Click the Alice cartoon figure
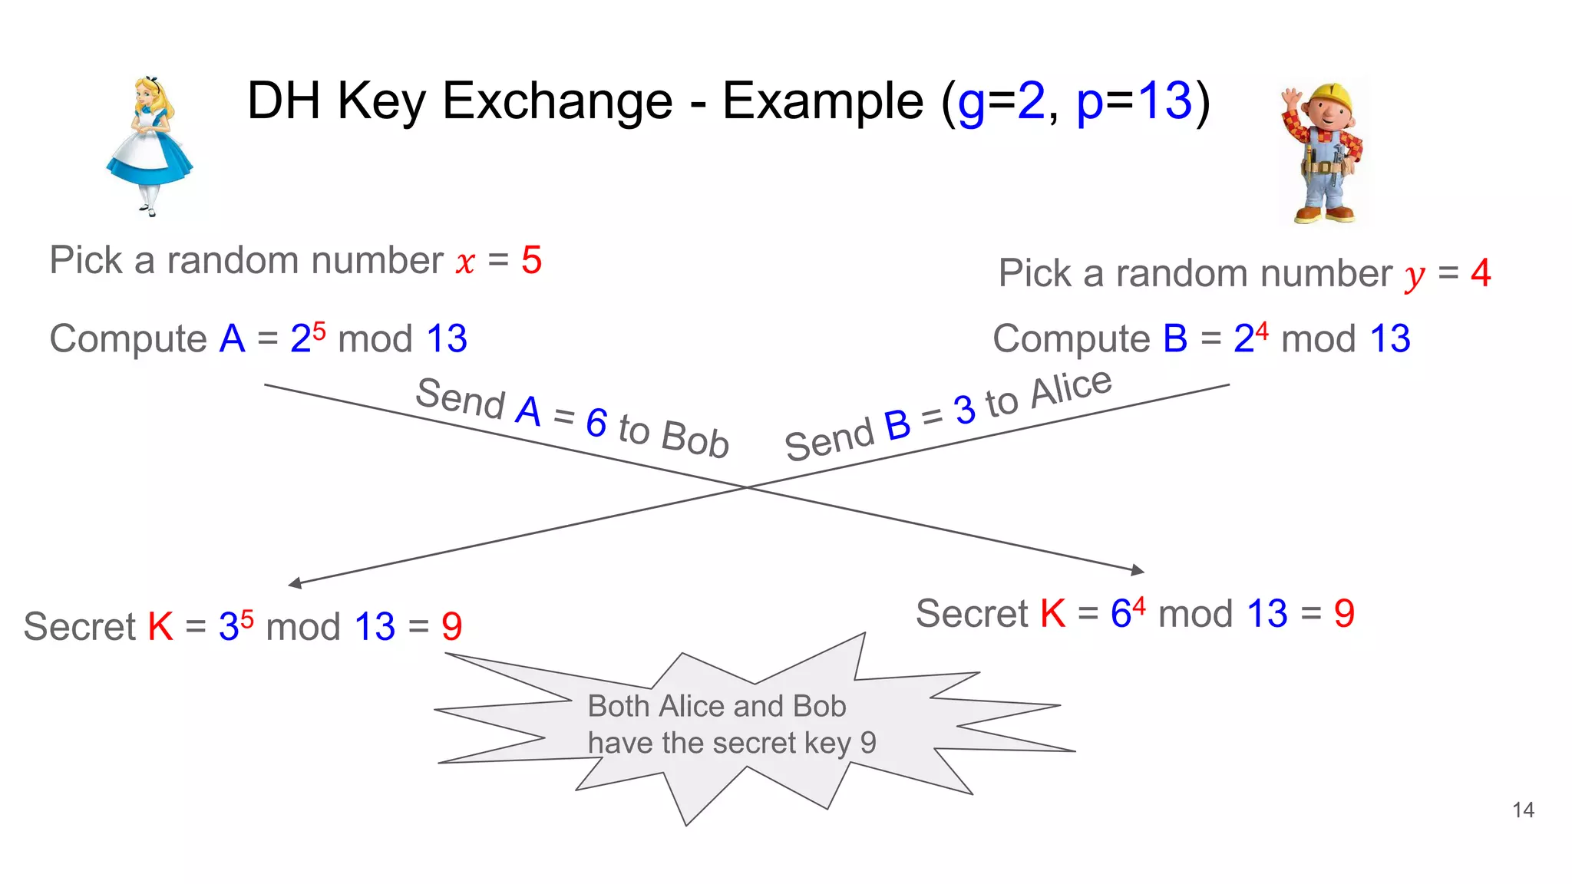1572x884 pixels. pos(150,146)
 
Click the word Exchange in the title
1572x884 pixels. pos(557,101)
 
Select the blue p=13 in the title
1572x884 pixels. pos(1134,101)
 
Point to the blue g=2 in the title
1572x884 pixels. pos(1001,103)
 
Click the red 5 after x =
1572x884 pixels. pos(531,261)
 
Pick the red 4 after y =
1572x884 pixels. pos(1481,274)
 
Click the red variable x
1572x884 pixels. pos(465,263)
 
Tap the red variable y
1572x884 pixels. pos(1415,277)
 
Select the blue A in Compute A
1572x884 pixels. pos(232,339)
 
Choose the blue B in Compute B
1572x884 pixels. pos(1175,339)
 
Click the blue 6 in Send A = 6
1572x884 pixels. pos(596,423)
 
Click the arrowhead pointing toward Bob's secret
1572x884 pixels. pos(1138,569)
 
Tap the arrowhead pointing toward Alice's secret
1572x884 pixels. pos(295,583)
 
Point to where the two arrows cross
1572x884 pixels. pos(746,487)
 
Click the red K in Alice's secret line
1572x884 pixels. pos(160,627)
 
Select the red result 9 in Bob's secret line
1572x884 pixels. pos(1344,614)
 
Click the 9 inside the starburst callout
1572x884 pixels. pos(868,743)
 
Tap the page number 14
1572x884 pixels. pos(1523,810)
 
